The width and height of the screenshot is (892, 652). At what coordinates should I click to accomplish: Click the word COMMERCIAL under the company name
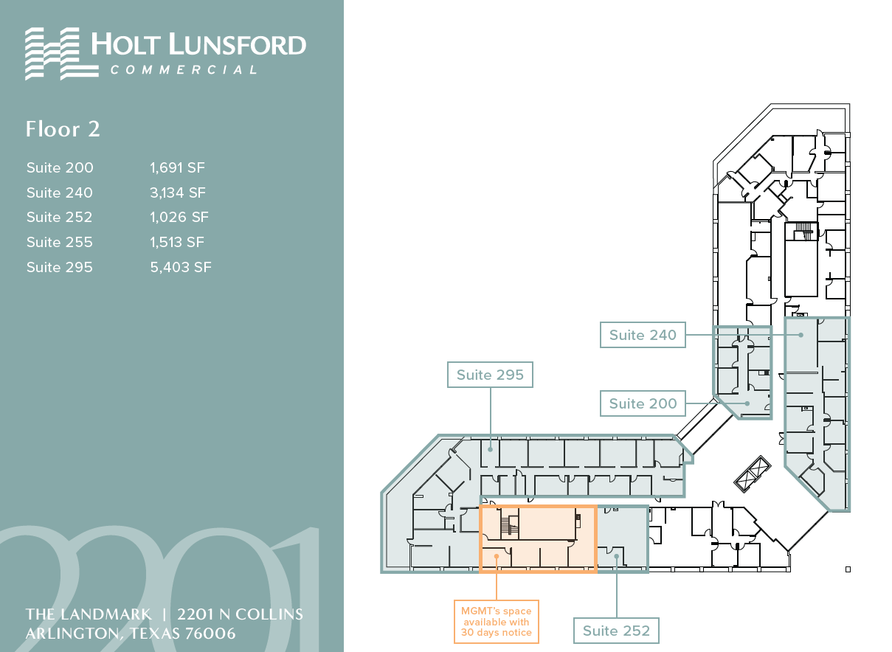pyautogui.click(x=184, y=70)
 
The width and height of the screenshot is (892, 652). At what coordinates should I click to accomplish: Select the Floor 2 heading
pyautogui.click(x=63, y=129)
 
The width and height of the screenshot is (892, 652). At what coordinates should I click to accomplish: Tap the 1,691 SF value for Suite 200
pyautogui.click(x=177, y=167)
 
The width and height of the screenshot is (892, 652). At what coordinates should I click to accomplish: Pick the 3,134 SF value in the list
pyautogui.click(x=178, y=193)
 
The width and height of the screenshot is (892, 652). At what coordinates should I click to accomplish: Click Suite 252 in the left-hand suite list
pyautogui.click(x=60, y=217)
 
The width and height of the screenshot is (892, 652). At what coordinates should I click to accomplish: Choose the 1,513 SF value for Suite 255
pyautogui.click(x=177, y=242)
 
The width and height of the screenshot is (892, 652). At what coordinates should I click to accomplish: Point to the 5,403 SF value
pyautogui.click(x=180, y=267)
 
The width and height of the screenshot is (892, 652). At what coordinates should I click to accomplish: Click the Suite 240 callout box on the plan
pyautogui.click(x=642, y=335)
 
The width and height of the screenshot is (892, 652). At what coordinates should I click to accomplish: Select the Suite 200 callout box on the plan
pyautogui.click(x=642, y=403)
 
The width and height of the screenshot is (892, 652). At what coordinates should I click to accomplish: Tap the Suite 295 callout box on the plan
pyautogui.click(x=490, y=375)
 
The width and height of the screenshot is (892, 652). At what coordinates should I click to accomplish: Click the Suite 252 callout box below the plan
pyautogui.click(x=616, y=631)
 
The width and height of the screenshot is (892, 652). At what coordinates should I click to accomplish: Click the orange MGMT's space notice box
pyautogui.click(x=495, y=622)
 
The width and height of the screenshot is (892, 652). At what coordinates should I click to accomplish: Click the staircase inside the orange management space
pyautogui.click(x=507, y=526)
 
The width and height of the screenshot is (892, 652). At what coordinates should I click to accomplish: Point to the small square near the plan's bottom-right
pyautogui.click(x=848, y=569)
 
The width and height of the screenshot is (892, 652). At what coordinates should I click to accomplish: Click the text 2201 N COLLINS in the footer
pyautogui.click(x=240, y=614)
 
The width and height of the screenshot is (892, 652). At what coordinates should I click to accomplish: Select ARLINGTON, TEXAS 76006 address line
pyautogui.click(x=131, y=634)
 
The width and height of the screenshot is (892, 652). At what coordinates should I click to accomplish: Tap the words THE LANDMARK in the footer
pyautogui.click(x=89, y=614)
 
